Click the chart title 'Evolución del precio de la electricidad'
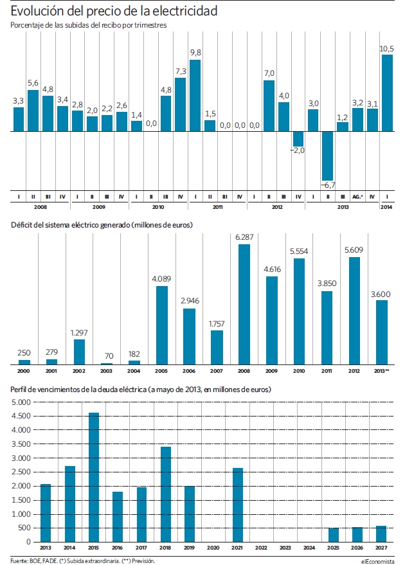tap(114, 11)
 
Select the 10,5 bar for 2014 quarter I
tap(387, 93)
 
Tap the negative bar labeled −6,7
tap(327, 156)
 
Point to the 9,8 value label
tap(195, 53)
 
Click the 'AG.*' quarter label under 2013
tap(357, 197)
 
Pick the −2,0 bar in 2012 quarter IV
tap(298, 139)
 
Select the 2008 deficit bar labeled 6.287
tap(244, 305)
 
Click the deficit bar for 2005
tap(162, 325)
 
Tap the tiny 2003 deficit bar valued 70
tap(106, 364)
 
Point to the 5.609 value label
tap(354, 249)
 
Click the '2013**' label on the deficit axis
tap(382, 371)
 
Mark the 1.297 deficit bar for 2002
tap(79, 352)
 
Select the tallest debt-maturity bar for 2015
tap(94, 478)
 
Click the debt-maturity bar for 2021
tap(238, 505)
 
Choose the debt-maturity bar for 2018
tap(166, 494)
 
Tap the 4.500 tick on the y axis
tap(21, 416)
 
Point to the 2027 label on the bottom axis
tap(381, 548)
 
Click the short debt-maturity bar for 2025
tap(334, 535)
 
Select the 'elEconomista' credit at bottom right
tap(377, 561)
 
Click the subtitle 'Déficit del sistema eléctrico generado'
tap(70, 225)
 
